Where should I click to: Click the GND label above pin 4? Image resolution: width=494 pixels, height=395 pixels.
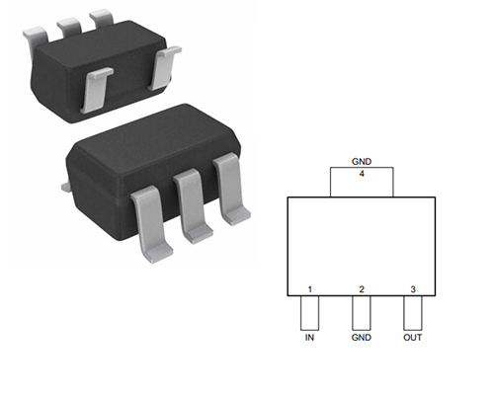(362, 162)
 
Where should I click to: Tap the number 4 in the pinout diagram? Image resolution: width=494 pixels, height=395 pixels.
(362, 174)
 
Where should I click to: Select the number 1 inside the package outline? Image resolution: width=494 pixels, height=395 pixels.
(309, 289)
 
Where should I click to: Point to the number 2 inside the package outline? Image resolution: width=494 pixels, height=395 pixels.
(362, 289)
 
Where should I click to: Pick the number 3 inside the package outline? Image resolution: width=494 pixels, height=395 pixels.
(413, 289)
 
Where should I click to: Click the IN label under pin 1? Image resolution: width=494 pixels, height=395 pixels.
(309, 338)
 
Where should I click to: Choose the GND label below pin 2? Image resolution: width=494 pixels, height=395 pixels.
(362, 338)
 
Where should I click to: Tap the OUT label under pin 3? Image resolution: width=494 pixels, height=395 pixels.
(413, 338)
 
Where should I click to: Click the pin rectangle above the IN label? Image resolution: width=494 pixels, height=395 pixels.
(309, 313)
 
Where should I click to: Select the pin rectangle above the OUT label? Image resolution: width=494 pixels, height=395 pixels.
(413, 313)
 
